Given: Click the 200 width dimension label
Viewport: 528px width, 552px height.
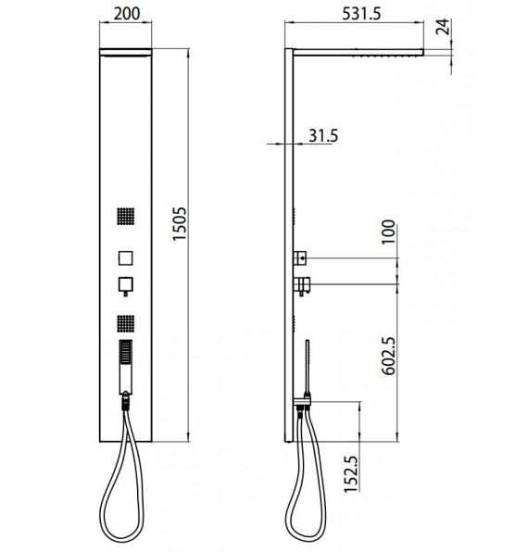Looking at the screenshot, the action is click(x=127, y=14).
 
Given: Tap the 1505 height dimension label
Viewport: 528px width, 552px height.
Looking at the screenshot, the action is click(x=180, y=224).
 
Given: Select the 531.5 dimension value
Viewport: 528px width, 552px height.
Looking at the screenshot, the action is click(x=361, y=14).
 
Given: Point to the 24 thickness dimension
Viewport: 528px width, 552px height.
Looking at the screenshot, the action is click(x=443, y=27).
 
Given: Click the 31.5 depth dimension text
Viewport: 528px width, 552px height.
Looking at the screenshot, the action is click(x=323, y=135).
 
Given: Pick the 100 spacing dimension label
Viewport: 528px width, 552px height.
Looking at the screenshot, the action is click(x=389, y=232).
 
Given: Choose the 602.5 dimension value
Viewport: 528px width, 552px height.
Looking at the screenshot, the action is click(x=389, y=356).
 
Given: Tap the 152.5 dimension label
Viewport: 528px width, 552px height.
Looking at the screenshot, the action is click(x=351, y=474).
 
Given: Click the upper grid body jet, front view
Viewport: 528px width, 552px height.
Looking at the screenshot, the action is click(x=126, y=216).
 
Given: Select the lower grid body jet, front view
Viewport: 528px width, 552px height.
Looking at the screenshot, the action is click(x=126, y=323).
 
